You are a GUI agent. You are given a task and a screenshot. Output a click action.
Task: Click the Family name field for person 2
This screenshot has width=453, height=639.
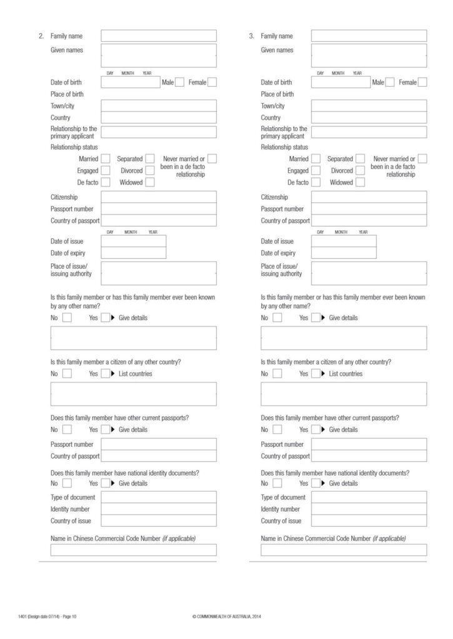click(159, 36)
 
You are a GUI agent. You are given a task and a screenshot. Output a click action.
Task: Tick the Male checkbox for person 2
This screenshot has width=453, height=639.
click(180, 82)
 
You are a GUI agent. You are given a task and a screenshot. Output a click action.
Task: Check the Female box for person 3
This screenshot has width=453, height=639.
click(422, 82)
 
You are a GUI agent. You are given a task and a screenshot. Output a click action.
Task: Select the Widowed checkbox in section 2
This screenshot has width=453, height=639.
click(150, 182)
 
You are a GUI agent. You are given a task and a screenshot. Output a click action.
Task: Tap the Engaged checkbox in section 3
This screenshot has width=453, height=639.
click(316, 170)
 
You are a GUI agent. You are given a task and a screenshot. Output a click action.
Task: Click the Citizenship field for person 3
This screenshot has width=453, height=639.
click(369, 197)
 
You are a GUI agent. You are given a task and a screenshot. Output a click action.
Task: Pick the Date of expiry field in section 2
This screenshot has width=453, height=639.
click(133, 253)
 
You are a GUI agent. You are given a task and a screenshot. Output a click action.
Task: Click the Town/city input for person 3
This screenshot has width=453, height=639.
click(369, 105)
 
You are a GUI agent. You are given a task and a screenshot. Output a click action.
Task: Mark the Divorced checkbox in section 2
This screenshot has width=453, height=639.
click(150, 170)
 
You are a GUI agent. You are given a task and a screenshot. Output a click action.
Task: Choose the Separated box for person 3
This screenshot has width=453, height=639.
click(361, 159)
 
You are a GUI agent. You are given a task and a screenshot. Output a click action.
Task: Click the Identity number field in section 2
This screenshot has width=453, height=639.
click(159, 509)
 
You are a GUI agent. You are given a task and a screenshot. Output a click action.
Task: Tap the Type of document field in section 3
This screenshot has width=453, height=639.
click(369, 497)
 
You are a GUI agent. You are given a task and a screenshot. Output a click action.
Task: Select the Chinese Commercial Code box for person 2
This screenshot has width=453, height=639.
click(133, 550)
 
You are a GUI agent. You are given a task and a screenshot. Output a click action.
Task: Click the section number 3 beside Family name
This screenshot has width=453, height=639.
click(251, 36)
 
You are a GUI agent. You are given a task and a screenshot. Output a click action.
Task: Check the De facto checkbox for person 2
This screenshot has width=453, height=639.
click(106, 182)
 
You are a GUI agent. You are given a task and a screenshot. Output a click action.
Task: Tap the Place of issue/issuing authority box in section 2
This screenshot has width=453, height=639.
click(159, 273)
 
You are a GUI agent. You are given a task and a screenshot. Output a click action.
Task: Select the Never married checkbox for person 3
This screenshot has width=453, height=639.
click(422, 159)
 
